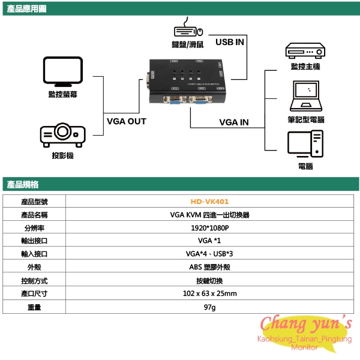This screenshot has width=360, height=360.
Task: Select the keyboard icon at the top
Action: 185,31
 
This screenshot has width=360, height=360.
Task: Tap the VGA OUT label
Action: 126,121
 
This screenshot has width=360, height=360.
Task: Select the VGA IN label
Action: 234,122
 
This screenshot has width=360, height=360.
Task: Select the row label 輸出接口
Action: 34,241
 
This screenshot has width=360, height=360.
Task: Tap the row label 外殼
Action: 34,268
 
